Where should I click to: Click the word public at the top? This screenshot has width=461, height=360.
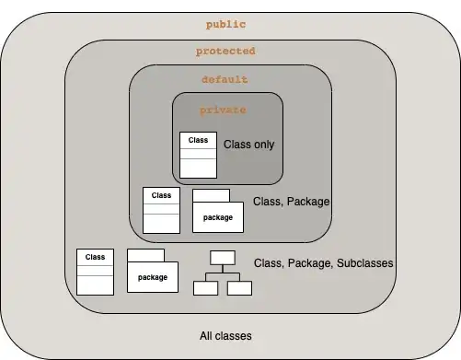pos(225,25)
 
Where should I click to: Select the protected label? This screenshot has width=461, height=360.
pos(225,51)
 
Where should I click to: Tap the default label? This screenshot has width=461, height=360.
pos(225,79)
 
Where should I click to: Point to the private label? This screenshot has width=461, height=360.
pos(223,110)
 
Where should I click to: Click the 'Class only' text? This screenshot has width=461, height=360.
pos(248,145)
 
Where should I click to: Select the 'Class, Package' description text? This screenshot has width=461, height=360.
pos(291,202)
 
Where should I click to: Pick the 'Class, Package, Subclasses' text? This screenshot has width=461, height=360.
pos(323,263)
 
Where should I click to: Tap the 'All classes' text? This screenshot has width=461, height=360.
pos(225,336)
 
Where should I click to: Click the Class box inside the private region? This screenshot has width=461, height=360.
pos(198,155)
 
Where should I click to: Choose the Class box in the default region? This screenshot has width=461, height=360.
pos(161,210)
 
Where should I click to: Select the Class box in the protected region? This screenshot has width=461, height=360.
pos(95,272)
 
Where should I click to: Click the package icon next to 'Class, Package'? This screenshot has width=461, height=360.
pos(218,211)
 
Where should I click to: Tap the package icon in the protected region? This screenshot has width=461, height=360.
pos(153,271)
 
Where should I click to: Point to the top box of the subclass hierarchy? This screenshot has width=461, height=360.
pos(223,258)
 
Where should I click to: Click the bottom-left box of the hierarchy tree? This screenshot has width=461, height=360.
pos(206,288)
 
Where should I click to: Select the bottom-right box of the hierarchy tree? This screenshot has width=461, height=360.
pos(239,288)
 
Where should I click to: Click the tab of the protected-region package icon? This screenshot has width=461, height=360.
pos(145,255)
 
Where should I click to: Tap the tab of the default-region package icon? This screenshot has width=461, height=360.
pos(211,195)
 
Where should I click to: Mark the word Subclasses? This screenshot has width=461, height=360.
pos(364,263)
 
